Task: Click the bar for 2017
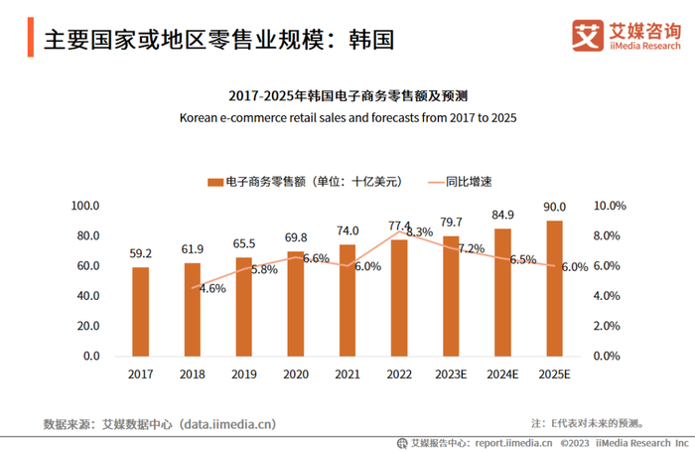click(x=141, y=311)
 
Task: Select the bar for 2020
click(x=296, y=303)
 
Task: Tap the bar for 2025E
click(x=554, y=288)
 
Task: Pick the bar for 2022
click(x=399, y=297)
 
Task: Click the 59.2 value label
click(x=141, y=254)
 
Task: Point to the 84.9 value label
click(x=502, y=215)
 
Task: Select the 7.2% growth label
click(x=471, y=248)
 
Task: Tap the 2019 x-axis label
click(x=244, y=375)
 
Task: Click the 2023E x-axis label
click(x=451, y=375)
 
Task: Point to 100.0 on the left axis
click(x=86, y=206)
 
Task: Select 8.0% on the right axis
click(x=608, y=235)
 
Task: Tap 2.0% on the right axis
click(x=608, y=326)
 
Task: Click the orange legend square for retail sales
click(x=213, y=182)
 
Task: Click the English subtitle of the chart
click(x=347, y=117)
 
